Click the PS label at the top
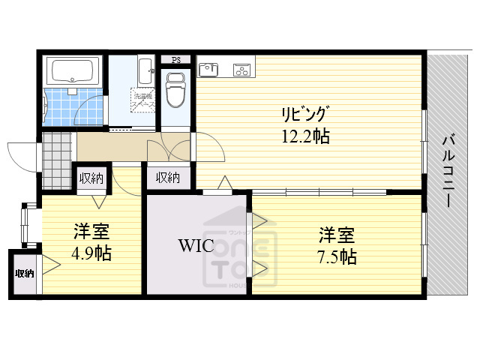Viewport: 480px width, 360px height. (x=176, y=60)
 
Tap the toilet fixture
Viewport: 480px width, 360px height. (x=175, y=88)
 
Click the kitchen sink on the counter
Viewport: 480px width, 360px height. (x=208, y=70)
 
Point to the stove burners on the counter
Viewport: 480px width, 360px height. (x=241, y=70)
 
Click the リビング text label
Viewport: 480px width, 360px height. (x=304, y=115)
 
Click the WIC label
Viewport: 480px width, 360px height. (x=196, y=245)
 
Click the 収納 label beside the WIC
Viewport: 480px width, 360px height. (x=168, y=178)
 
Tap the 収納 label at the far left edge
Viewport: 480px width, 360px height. (x=24, y=274)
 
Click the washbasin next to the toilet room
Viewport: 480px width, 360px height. (x=145, y=74)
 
